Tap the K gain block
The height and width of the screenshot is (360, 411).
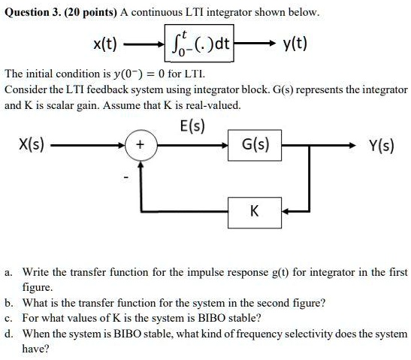254,211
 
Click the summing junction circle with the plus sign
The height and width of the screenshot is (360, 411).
141,144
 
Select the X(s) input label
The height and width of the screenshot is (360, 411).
31,144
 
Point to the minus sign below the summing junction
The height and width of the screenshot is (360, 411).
128,177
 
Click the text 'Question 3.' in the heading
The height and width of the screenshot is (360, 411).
32,13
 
